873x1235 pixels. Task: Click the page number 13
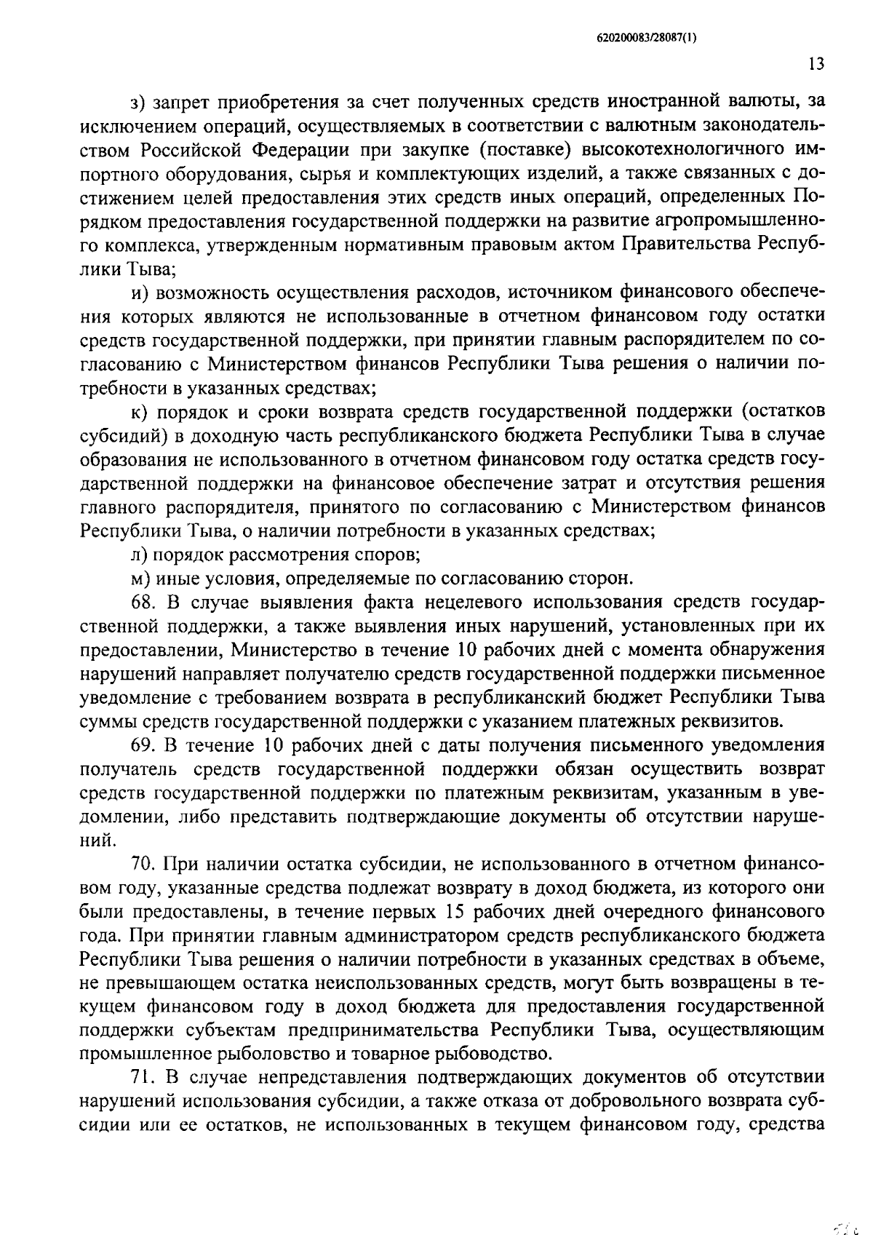pos(816,64)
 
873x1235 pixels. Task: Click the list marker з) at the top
pos(137,103)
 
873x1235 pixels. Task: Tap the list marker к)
pos(137,412)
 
